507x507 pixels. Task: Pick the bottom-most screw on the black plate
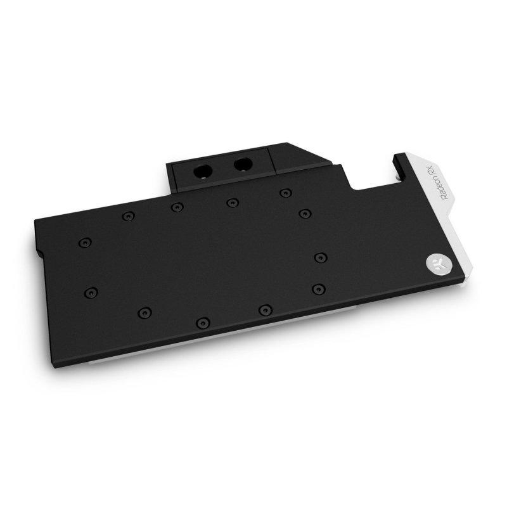(202, 321)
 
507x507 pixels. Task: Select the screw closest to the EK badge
(321, 257)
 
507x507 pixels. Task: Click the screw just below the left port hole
(176, 207)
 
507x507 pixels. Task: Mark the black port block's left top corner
(169, 164)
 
